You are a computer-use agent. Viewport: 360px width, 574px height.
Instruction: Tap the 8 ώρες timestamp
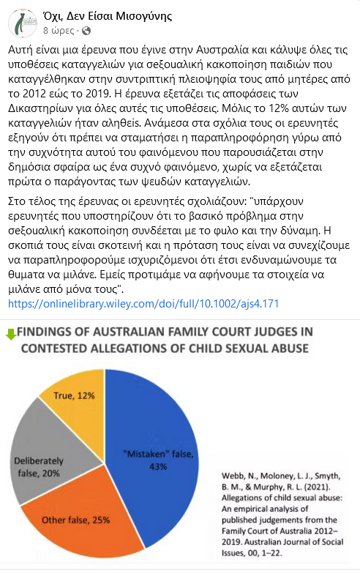(58, 30)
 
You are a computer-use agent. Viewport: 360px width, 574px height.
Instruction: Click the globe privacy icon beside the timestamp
(86, 30)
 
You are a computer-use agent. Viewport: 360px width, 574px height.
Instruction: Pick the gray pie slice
(44, 454)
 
